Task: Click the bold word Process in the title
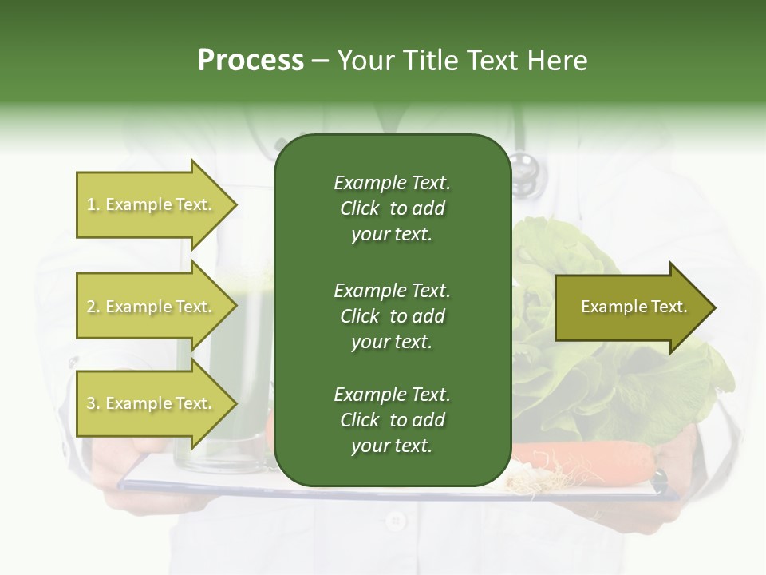point(251,61)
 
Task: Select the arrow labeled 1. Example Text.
point(148,204)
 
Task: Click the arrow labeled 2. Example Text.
point(148,307)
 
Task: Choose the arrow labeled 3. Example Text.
point(148,403)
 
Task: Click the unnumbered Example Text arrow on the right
point(634,307)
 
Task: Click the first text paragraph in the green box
point(392,208)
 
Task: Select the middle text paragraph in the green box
point(392,315)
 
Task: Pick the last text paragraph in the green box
point(392,420)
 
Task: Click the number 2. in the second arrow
point(93,307)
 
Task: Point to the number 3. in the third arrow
point(93,403)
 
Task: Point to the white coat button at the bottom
point(394,521)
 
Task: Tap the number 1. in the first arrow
point(93,204)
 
